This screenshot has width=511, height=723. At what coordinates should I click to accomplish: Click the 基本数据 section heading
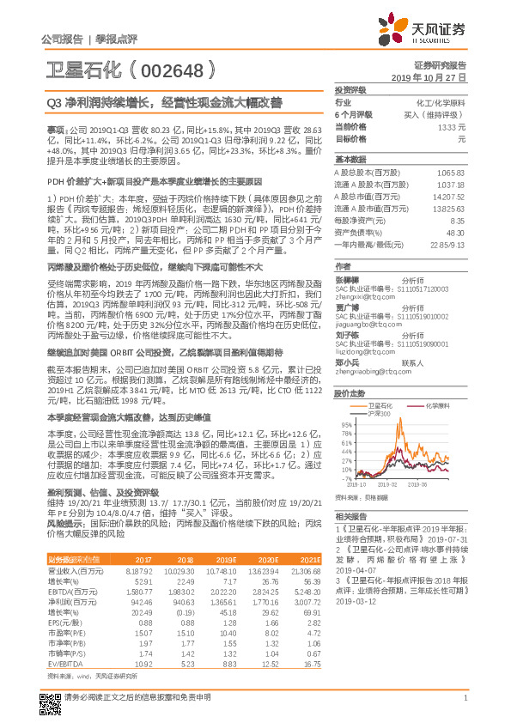350,160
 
